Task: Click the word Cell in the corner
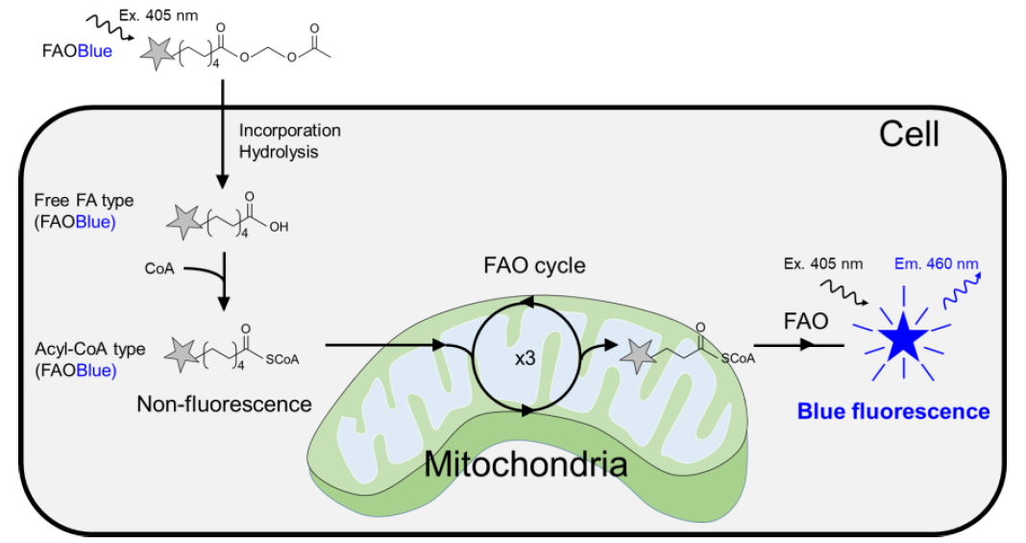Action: tap(909, 135)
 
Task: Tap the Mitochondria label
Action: tap(525, 464)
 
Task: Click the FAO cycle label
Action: tap(534, 265)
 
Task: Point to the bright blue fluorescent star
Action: tap(903, 335)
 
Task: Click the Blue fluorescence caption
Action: tap(893, 410)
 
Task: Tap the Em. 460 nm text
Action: tap(937, 263)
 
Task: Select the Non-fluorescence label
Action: tap(224, 404)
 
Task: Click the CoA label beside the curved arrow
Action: tap(159, 268)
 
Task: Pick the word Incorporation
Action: tap(290, 130)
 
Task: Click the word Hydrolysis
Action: tap(279, 152)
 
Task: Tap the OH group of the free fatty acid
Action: tap(279, 227)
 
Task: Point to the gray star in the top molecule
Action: tap(159, 53)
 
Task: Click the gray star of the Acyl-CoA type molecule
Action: tap(182, 356)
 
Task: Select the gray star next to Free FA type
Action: tap(184, 222)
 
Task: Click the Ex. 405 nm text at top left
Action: tap(159, 15)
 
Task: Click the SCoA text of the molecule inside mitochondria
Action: tap(738, 358)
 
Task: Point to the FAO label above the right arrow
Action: tap(805, 321)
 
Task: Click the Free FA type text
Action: tap(84, 201)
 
